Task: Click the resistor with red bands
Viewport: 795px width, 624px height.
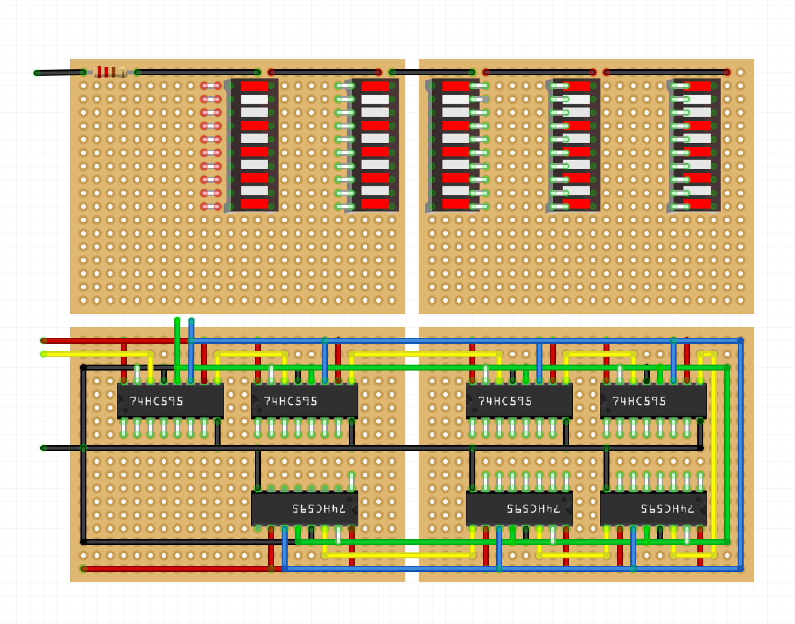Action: (x=110, y=72)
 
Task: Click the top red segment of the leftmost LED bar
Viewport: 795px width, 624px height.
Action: (x=254, y=86)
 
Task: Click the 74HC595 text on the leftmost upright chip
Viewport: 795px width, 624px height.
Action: (x=156, y=401)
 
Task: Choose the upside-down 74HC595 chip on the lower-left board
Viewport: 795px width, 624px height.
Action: (x=304, y=508)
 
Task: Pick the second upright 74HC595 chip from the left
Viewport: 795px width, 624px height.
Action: (x=304, y=401)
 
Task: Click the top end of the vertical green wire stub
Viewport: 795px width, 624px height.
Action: (x=177, y=320)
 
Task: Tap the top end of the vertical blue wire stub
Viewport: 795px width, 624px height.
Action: (x=191, y=321)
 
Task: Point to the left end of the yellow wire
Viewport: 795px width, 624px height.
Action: (x=44, y=354)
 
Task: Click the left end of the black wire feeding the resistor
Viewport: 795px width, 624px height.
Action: (x=37, y=73)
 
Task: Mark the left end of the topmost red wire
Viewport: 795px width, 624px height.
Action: (x=44, y=341)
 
